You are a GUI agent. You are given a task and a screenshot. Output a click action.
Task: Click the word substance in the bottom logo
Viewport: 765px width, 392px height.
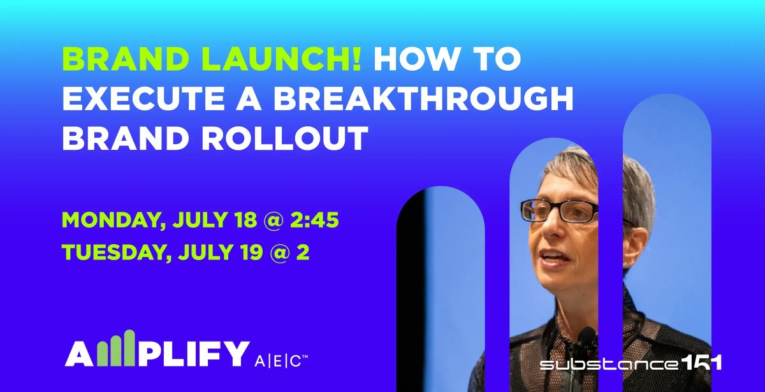pos(606,365)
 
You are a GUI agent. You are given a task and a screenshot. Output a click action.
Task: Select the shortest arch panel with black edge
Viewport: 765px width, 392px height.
pos(441,287)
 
